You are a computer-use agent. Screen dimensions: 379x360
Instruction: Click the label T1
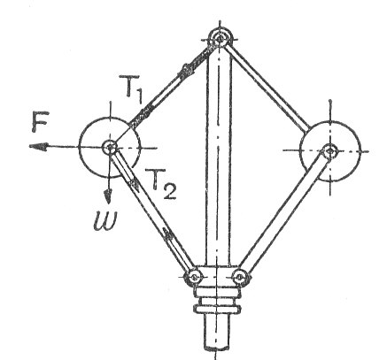[131, 89]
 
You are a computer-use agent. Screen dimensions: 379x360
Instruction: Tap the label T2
[161, 183]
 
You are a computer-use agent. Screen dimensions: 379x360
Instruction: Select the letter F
[39, 121]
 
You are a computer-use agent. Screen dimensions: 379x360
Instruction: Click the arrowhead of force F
[38, 147]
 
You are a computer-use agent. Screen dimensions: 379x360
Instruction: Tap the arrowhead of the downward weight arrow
[108, 195]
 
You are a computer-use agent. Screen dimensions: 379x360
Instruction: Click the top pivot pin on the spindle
[220, 38]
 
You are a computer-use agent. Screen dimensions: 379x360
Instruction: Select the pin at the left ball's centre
[110, 147]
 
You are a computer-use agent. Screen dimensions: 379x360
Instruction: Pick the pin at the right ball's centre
[329, 151]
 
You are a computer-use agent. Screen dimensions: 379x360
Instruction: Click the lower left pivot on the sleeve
[194, 277]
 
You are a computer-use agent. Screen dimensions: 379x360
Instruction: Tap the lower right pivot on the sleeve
[240, 277]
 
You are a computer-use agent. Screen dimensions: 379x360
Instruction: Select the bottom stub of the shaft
[217, 333]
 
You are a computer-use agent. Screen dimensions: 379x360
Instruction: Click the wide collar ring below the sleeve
[217, 309]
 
